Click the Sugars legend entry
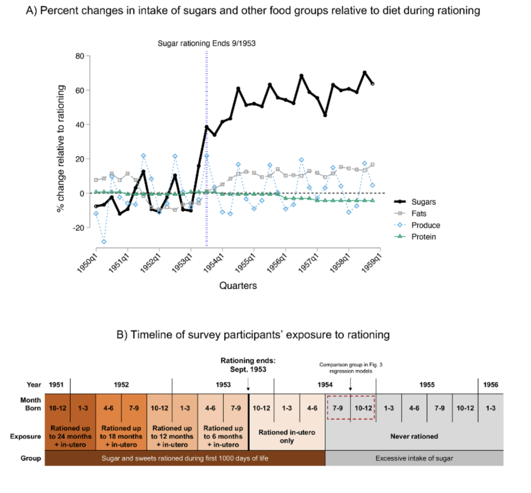423,202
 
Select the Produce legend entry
425,225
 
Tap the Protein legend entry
423,237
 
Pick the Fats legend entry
418,214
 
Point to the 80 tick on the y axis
80,56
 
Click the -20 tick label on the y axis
79,228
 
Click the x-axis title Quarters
238,286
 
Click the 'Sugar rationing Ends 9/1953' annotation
207,43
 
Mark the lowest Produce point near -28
104,242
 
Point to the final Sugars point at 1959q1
372,84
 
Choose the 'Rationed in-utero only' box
287,436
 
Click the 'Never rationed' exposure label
414,436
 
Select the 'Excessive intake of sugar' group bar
414,458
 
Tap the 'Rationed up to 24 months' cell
70,436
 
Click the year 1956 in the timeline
490,385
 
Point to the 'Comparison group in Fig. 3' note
351,368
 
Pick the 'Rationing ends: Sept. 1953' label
248,365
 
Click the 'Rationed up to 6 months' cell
223,436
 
